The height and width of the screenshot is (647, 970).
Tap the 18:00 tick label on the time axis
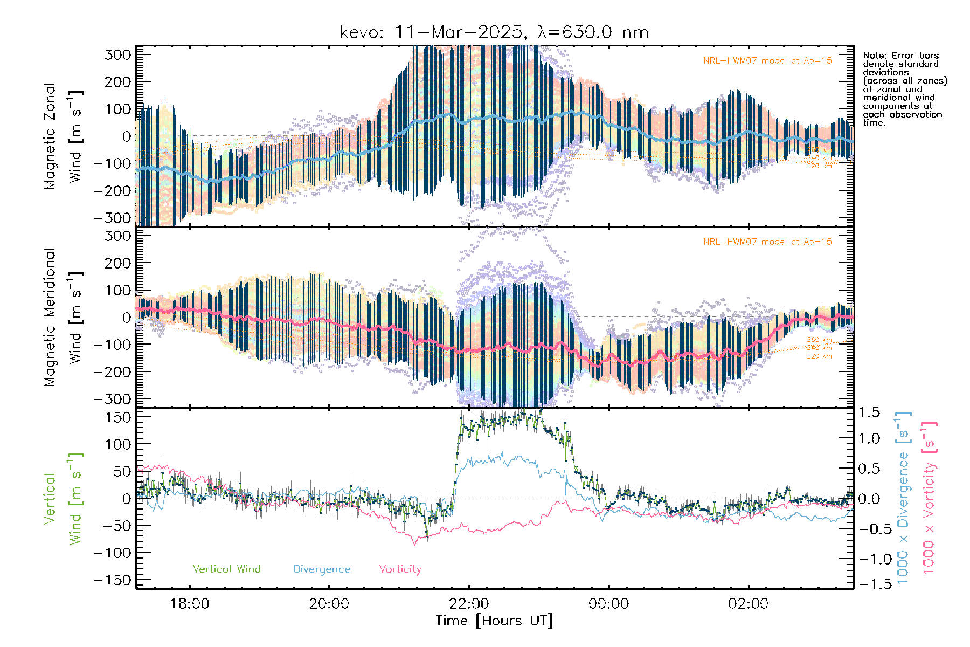190,603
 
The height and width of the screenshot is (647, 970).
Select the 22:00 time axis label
469,603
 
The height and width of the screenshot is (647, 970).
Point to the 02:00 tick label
748,603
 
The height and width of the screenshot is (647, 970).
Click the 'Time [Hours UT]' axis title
494,621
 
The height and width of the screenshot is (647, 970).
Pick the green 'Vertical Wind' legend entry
226,569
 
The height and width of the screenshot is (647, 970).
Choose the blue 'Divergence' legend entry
322,569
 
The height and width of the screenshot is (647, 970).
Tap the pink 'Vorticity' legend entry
400,569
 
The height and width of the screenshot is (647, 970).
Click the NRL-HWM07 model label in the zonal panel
767,60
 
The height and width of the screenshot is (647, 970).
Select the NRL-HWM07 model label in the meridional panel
767,242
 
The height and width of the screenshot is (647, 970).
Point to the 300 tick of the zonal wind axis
117,54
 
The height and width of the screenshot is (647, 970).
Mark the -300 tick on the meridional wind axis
112,399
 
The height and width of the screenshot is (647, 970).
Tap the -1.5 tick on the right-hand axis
869,584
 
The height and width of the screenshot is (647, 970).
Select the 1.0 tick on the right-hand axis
869,438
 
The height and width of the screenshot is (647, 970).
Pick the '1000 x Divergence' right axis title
903,497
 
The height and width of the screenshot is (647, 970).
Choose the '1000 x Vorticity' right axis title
929,497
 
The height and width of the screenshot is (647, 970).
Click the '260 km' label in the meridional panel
819,340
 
